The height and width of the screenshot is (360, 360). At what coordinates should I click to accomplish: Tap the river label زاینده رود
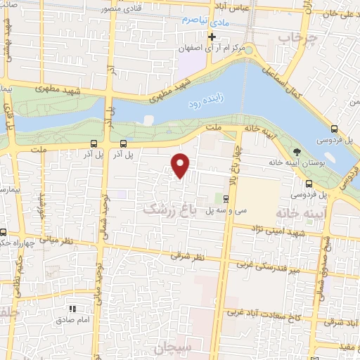pyautogui.click(x=202, y=103)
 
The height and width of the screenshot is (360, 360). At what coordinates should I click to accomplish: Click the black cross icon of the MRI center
pyautogui.click(x=211, y=37)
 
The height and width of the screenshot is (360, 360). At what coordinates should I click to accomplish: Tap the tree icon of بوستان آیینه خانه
pyautogui.click(x=297, y=151)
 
